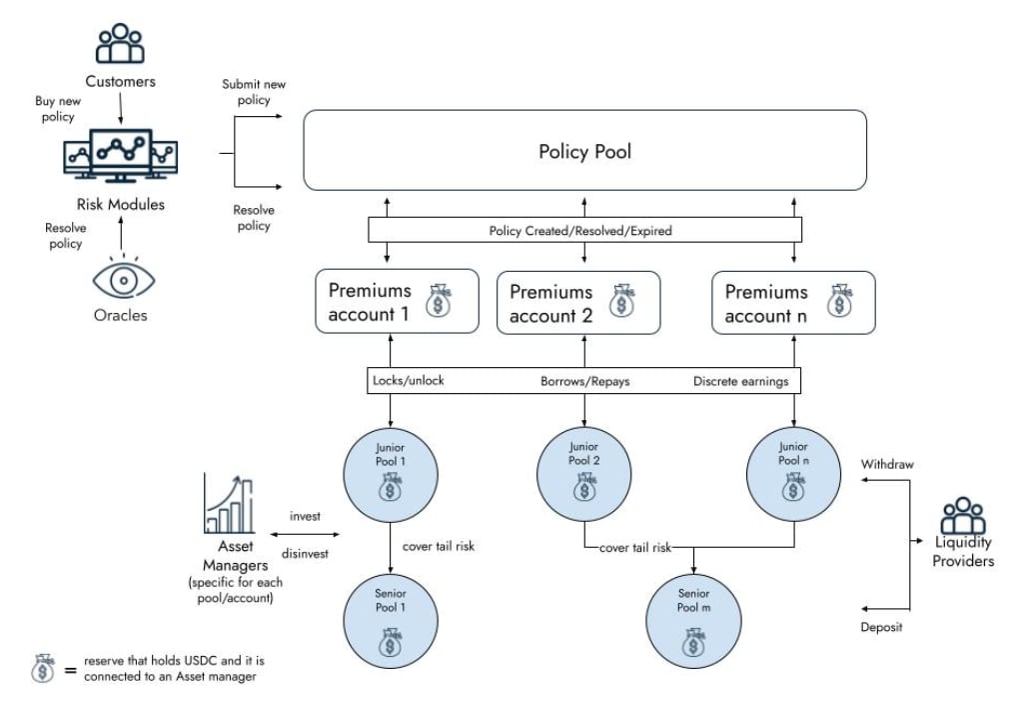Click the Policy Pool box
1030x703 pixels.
[584, 150]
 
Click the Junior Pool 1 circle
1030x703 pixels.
[391, 468]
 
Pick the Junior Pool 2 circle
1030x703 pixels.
[584, 468]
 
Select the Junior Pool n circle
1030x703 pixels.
[794, 468]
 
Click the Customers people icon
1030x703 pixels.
[120, 46]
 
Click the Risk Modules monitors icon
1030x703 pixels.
[120, 155]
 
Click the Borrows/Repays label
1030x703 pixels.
[584, 381]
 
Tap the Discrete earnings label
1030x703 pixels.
[740, 381]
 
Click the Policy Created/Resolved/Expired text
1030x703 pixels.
[580, 231]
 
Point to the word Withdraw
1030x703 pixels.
[887, 464]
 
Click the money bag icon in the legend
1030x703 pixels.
[44, 668]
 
